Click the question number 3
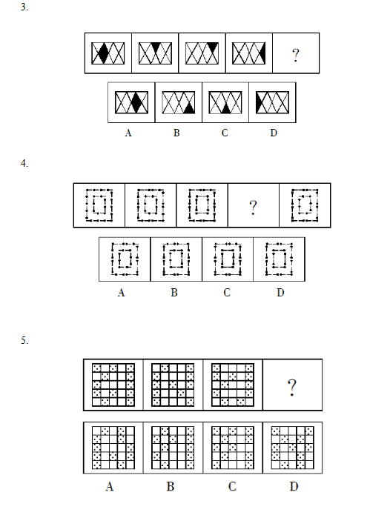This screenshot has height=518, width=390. coord(24,7)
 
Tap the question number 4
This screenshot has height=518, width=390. coord(24,163)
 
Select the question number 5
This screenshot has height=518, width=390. coord(24,340)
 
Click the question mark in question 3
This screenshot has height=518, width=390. coord(296,55)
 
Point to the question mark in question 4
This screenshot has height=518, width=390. coord(253,207)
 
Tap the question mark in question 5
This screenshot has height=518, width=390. coord(292,388)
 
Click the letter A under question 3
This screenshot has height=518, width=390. coord(128,133)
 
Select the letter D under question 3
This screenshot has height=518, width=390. coord(274,133)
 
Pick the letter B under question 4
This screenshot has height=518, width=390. coord(174,293)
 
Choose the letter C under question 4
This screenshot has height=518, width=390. coord(227,293)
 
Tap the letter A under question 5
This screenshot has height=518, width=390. coord(110,486)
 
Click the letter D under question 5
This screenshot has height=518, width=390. coord(294,486)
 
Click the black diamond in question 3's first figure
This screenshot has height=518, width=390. coord(104,53)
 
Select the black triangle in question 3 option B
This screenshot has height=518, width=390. coord(189,108)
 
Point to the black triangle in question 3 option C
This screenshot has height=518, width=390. coord(225,108)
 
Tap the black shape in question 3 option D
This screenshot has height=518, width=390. coord(259,102)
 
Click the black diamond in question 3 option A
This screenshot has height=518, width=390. coord(136,102)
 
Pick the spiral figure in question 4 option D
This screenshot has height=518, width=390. coord(280,259)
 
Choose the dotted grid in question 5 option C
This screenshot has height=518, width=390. coord(233,448)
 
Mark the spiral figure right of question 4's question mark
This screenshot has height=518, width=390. coord(305,205)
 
